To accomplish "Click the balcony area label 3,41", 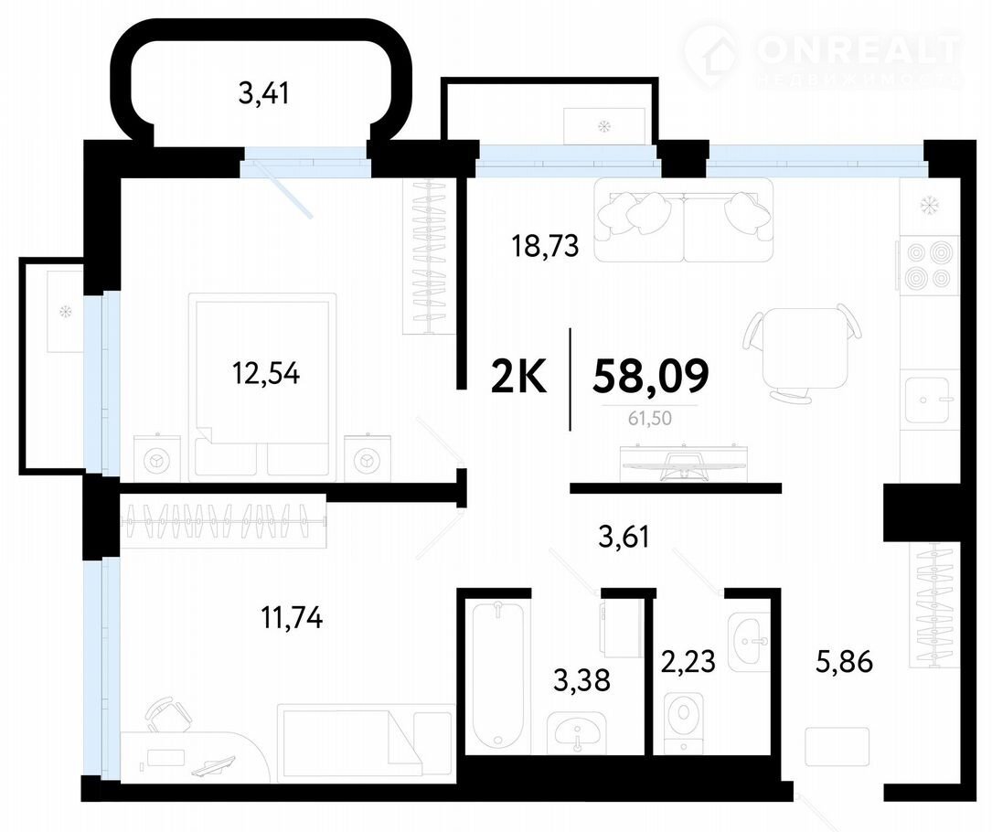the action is coord(264,93).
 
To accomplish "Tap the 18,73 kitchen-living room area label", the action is coord(545,246).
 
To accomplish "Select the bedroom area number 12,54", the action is coord(266,373).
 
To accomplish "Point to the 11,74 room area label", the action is coord(292,617).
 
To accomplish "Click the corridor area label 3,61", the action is coord(624,538).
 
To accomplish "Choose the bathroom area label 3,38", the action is coord(581,680).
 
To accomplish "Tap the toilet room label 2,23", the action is coord(688,662).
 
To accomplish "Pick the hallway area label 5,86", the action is coord(844,662).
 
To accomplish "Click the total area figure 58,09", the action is coord(650,375).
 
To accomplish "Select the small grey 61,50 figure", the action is coord(650,418).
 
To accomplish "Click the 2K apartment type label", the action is coord(518,377).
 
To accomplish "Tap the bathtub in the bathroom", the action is coord(498,675).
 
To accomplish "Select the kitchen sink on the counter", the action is coord(927,400).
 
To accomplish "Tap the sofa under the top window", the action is coord(684,219).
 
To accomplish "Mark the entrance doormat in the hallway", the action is coord(837,748).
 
